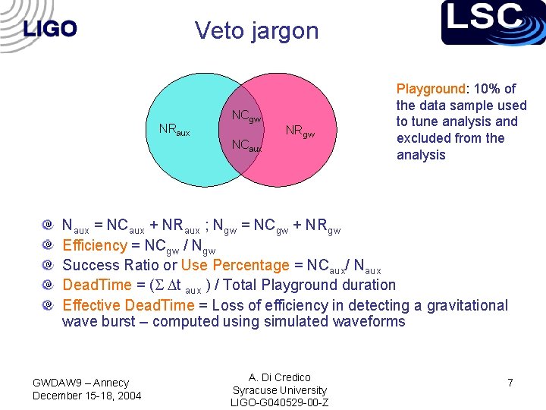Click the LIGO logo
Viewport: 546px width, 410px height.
(50, 29)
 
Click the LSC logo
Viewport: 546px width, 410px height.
(494, 22)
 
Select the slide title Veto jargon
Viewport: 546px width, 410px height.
(256, 30)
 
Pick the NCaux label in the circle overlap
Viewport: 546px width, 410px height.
(246, 145)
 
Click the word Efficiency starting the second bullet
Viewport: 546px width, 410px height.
(94, 245)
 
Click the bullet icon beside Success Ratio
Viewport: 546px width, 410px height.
(48, 265)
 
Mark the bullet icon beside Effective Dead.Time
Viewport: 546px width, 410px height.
(48, 305)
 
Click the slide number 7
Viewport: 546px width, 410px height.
(510, 383)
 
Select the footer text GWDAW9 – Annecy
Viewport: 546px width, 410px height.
(81, 383)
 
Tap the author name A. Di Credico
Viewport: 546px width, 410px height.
(280, 377)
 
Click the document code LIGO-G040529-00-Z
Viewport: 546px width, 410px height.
(280, 402)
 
